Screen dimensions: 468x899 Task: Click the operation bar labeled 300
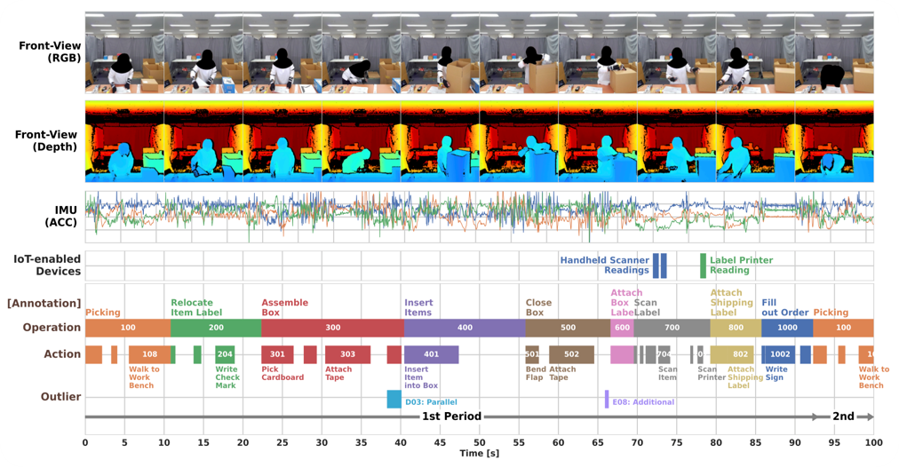click(x=332, y=328)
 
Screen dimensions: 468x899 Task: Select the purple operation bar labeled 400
click(x=465, y=328)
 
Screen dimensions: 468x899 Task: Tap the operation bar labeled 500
click(x=568, y=328)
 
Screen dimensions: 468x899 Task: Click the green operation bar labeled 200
click(x=216, y=328)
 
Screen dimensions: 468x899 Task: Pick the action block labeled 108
click(x=149, y=354)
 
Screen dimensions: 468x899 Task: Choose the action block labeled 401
click(x=432, y=354)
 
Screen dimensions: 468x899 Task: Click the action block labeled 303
click(x=347, y=354)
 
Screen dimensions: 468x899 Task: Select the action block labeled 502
click(x=571, y=354)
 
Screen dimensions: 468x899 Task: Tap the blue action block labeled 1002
click(x=780, y=354)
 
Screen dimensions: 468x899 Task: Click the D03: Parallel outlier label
click(x=431, y=401)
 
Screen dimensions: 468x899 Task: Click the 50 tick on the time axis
click(x=480, y=441)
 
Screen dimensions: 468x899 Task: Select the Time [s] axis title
click(x=480, y=454)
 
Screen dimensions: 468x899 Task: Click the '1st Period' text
click(x=451, y=416)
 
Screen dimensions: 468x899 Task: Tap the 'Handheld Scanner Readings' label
click(x=604, y=265)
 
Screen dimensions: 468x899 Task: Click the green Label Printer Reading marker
click(x=703, y=265)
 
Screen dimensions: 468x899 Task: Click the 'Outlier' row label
click(x=61, y=397)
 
